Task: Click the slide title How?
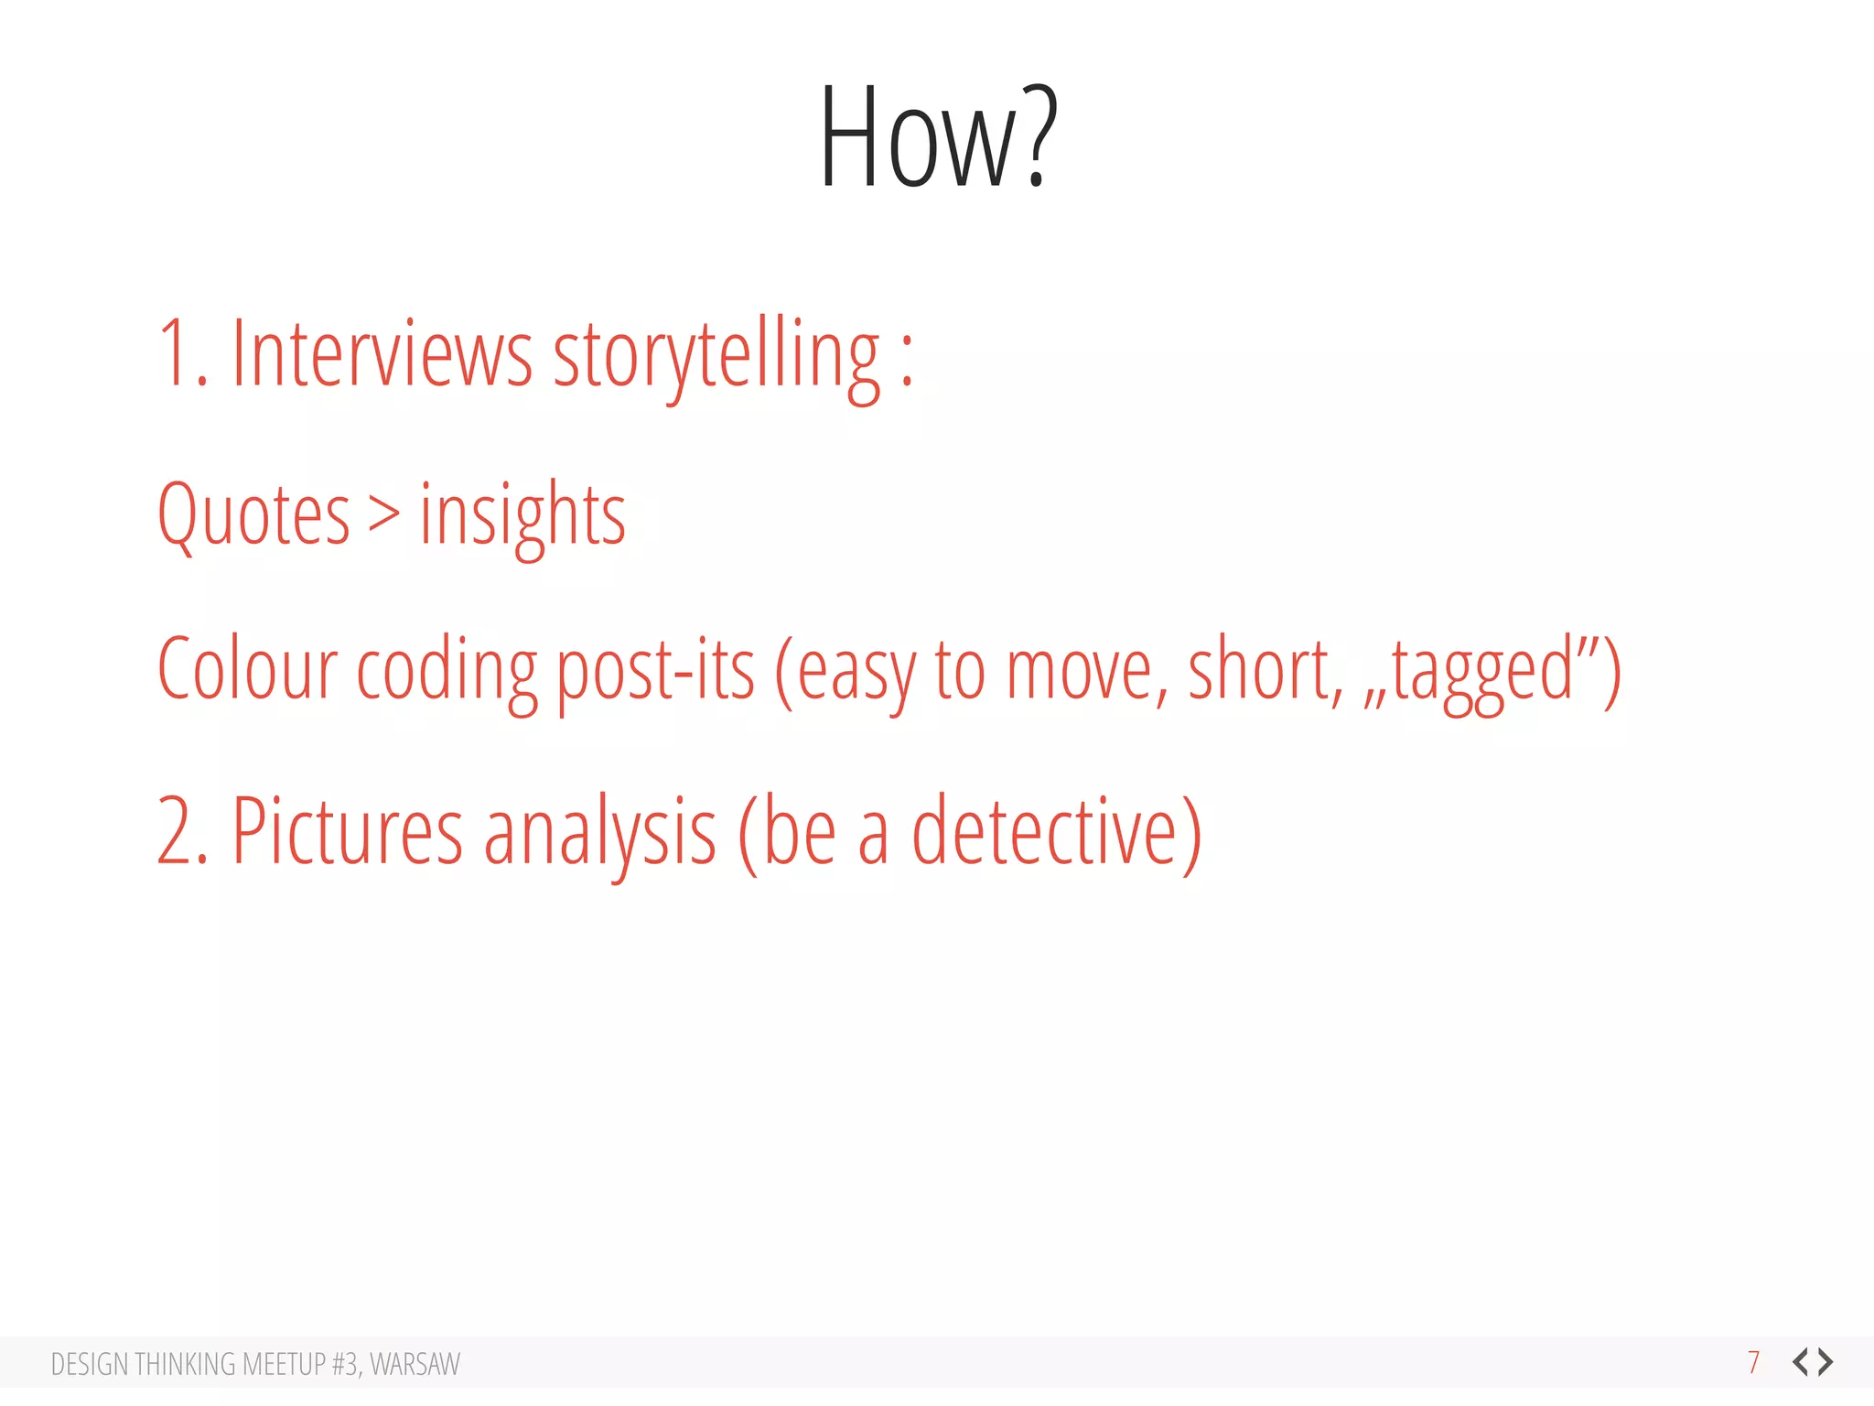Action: [938, 137]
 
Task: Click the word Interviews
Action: [381, 355]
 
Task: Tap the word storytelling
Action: [716, 357]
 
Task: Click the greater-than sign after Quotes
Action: [384, 514]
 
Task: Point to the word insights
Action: [522, 516]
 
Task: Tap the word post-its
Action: [655, 671]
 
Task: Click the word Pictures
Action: [347, 831]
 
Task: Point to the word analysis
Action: [599, 833]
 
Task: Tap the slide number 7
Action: [1753, 1362]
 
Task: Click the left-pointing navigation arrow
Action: [1801, 1362]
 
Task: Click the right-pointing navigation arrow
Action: [1826, 1362]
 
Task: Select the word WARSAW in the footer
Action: [415, 1364]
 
